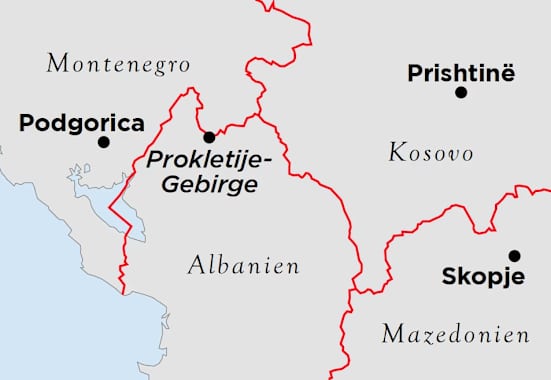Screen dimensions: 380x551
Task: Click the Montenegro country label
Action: click(x=118, y=65)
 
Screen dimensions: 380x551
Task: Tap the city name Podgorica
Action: click(x=82, y=124)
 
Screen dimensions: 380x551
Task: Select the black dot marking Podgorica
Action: click(x=103, y=143)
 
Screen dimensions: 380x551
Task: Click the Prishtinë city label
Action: click(x=461, y=73)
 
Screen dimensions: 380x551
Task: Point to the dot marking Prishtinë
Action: click(x=461, y=92)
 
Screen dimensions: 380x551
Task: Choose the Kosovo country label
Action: click(x=430, y=153)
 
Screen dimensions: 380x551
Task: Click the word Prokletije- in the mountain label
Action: click(x=202, y=161)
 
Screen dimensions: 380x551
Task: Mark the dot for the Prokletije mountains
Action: click(x=209, y=137)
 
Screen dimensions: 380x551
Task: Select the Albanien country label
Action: click(x=244, y=266)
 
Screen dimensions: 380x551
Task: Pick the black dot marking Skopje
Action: click(x=514, y=255)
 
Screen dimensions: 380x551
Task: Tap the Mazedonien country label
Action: click(x=456, y=334)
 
